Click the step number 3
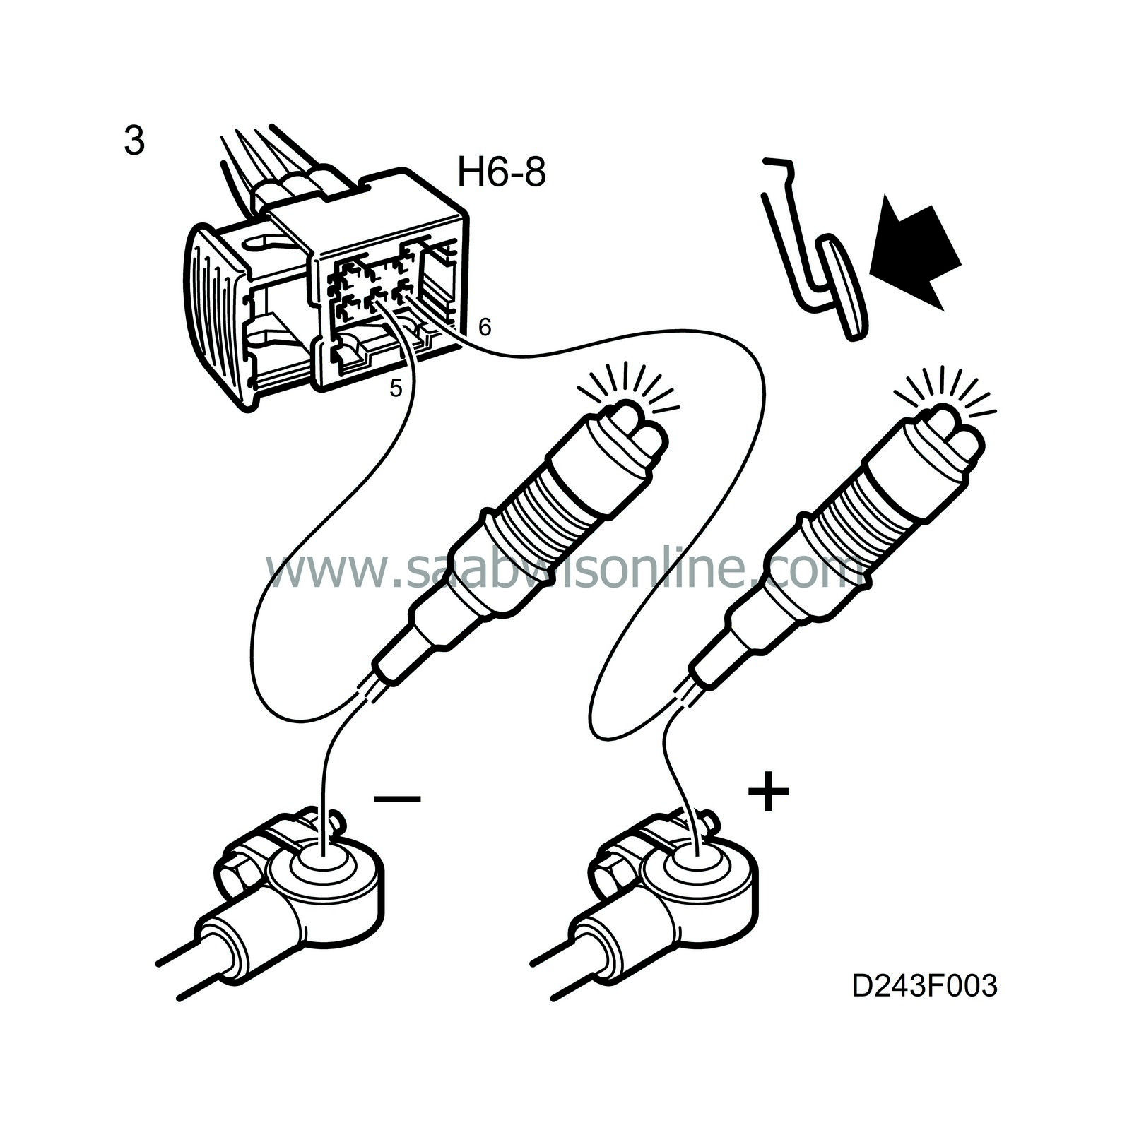coord(134,141)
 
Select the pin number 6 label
coord(484,326)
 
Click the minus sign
coord(397,799)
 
